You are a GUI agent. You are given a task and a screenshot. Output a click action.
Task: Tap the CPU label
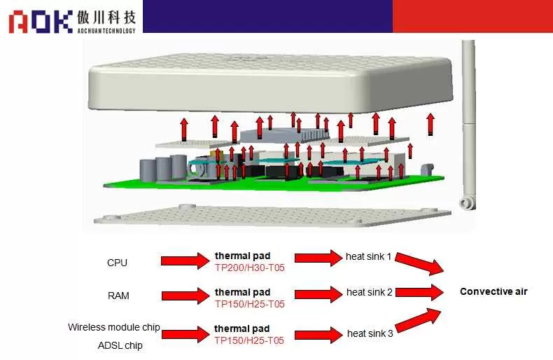[117, 263]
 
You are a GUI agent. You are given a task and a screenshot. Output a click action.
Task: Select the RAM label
[118, 296]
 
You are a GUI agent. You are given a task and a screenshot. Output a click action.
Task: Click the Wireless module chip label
[114, 327]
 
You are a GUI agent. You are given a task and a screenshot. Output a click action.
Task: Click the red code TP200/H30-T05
[249, 267]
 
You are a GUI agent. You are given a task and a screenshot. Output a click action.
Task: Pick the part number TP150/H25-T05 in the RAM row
[249, 303]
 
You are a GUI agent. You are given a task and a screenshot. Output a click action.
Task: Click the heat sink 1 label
[369, 257]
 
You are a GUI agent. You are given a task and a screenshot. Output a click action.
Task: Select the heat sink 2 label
[370, 292]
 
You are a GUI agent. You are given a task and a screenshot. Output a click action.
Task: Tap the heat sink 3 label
[370, 333]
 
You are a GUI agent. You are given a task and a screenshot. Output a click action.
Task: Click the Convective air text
[493, 291]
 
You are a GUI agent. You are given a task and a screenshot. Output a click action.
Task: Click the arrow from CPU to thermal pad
[185, 261]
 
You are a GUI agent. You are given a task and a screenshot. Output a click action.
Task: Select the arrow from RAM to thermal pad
[185, 294]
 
